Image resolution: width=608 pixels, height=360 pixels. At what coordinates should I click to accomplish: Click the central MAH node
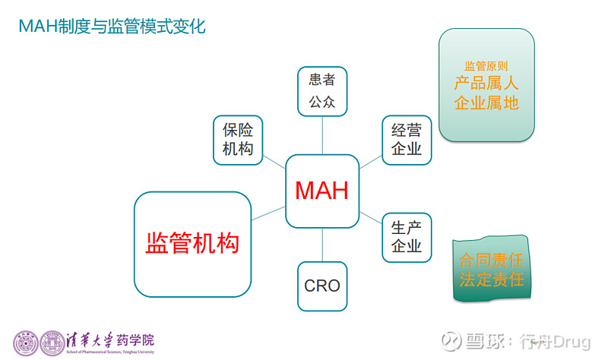pyautogui.click(x=321, y=191)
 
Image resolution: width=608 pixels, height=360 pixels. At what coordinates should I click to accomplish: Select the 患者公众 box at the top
pyautogui.click(x=321, y=90)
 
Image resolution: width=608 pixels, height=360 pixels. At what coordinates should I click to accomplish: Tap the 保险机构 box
pyautogui.click(x=238, y=139)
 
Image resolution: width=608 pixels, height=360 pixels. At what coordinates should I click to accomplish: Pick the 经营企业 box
pyautogui.click(x=406, y=139)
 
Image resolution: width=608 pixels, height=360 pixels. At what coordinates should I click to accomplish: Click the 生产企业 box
pyautogui.click(x=406, y=237)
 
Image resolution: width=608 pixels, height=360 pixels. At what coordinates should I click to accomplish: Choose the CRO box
pyautogui.click(x=321, y=286)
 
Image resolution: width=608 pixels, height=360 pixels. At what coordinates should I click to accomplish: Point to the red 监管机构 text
pyautogui.click(x=192, y=244)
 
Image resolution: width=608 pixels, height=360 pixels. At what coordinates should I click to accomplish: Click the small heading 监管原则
pyautogui.click(x=486, y=66)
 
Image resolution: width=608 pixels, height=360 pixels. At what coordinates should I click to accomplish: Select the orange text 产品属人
pyautogui.click(x=486, y=84)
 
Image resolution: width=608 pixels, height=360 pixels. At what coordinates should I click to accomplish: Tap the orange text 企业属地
pyautogui.click(x=486, y=103)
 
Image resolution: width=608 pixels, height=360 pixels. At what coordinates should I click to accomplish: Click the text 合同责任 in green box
pyautogui.click(x=492, y=261)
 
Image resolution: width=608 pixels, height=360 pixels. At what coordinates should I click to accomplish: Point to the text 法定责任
pyautogui.click(x=492, y=279)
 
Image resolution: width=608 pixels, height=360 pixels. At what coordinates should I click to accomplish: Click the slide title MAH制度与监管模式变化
pyautogui.click(x=112, y=27)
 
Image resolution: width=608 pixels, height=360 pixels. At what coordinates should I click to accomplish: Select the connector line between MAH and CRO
pyautogui.click(x=322, y=245)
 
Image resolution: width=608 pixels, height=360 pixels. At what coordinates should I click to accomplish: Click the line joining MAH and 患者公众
pyautogui.click(x=322, y=133)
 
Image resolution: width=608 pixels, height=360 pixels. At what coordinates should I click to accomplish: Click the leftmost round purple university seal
pyautogui.click(x=26, y=343)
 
